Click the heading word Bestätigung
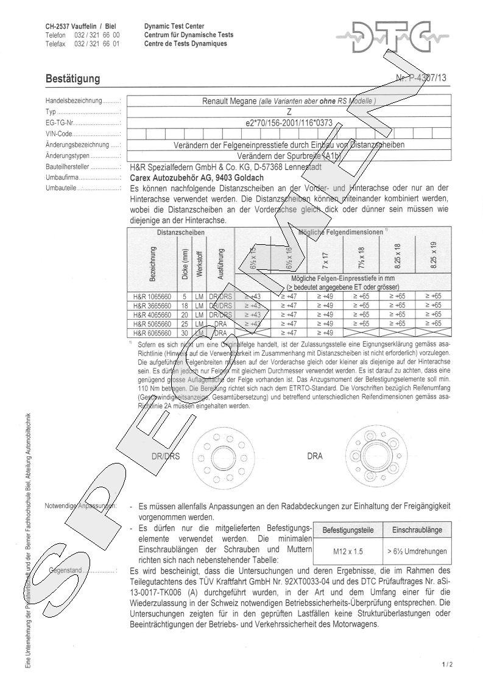pos(73,79)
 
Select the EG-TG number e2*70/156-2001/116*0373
pos(289,122)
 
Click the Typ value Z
pos(289,112)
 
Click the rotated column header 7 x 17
pos(326,257)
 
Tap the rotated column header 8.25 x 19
pos(434,255)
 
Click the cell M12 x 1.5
pos(348,551)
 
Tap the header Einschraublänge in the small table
pos(417,530)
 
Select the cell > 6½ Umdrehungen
pos(417,551)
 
